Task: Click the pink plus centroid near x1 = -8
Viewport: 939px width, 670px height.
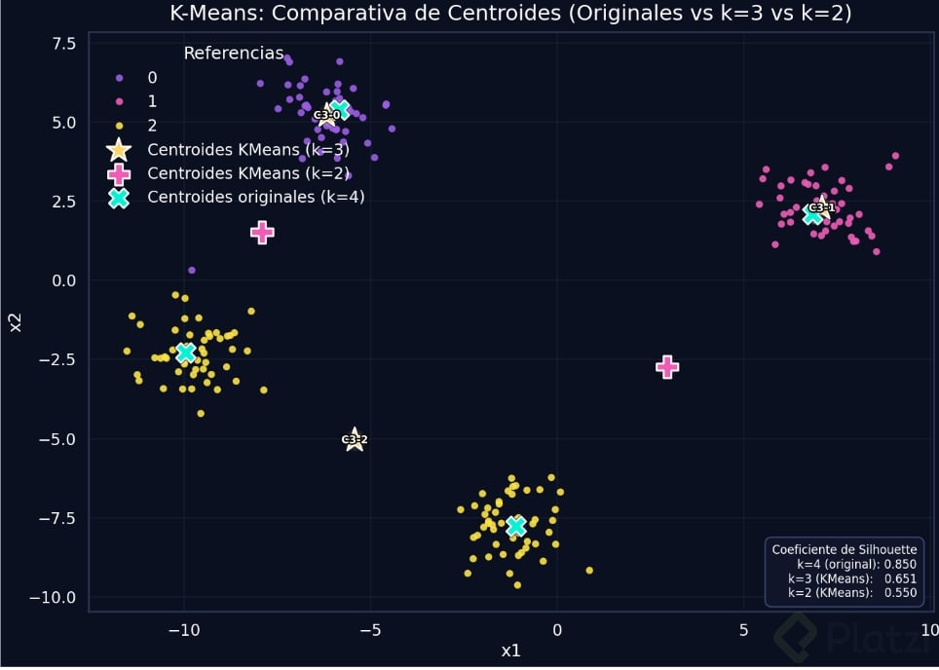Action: point(261,232)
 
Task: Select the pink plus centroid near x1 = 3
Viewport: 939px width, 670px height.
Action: point(666,367)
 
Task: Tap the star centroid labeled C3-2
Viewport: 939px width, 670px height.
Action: point(355,439)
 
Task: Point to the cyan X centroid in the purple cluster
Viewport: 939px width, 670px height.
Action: point(340,108)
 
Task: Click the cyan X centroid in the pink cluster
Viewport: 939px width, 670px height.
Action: point(813,214)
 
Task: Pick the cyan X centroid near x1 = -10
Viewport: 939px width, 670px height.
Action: point(185,353)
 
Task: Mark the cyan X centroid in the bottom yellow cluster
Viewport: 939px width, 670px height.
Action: point(516,527)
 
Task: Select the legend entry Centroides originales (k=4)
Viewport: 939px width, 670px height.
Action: point(255,197)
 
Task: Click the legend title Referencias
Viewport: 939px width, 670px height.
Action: point(234,53)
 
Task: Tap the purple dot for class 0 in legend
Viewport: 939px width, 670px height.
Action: point(119,78)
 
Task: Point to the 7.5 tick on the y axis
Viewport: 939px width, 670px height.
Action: point(63,44)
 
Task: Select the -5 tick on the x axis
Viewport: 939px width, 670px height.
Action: point(369,630)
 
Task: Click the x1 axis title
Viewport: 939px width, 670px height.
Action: point(510,651)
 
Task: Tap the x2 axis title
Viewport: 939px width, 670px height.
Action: point(16,321)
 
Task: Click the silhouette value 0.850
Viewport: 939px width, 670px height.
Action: point(901,564)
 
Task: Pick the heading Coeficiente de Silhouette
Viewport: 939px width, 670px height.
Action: point(845,550)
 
